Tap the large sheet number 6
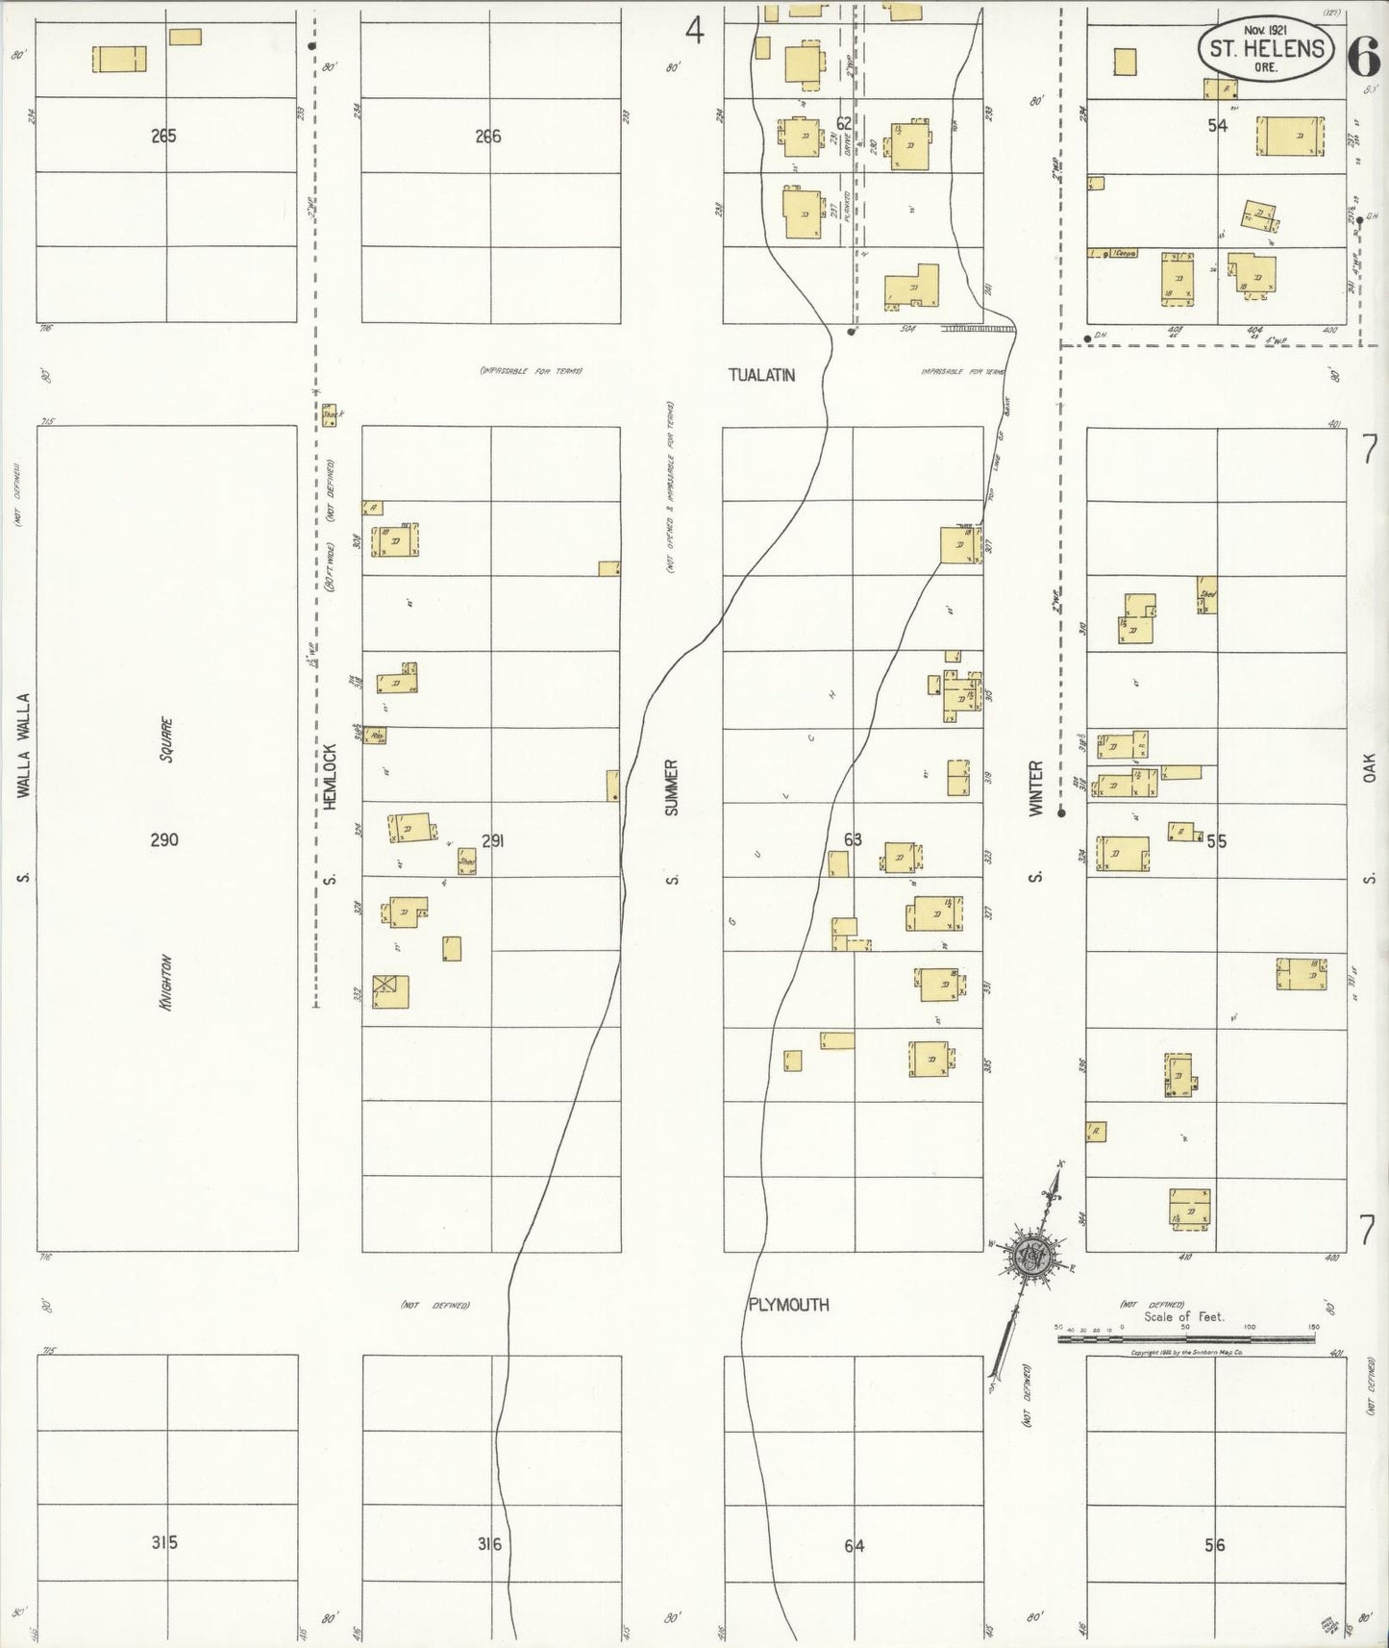click(1363, 58)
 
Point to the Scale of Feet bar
click(1186, 1337)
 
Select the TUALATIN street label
click(761, 376)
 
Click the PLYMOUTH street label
click(788, 1305)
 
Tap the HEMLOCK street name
click(329, 778)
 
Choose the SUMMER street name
click(672, 787)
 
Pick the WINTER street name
click(1035, 788)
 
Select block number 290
click(164, 840)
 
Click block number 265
click(164, 137)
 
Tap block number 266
click(488, 137)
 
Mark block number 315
click(164, 1543)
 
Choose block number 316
click(490, 1544)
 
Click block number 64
click(854, 1545)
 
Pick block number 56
click(1216, 1545)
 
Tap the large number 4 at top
click(694, 33)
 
